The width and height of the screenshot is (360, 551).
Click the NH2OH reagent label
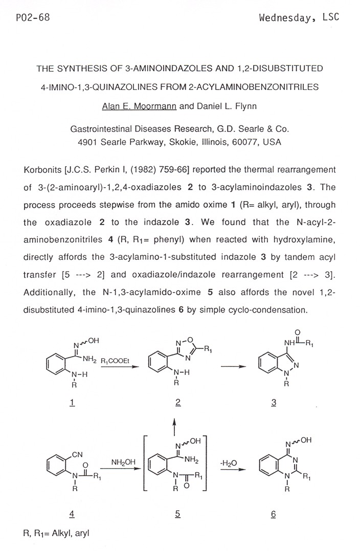click(x=123, y=461)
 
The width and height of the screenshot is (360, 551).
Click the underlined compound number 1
click(x=72, y=402)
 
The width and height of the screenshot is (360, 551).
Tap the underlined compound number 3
click(x=274, y=402)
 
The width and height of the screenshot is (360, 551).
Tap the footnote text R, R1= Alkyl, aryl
click(x=56, y=533)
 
